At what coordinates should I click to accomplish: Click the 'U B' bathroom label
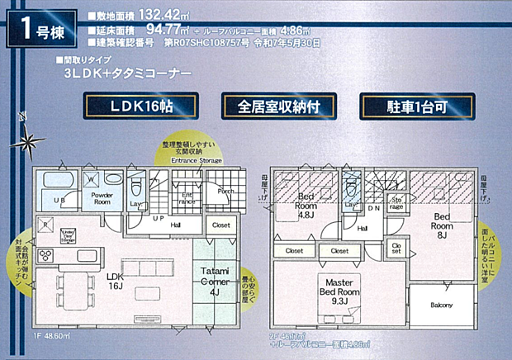(x=59, y=201)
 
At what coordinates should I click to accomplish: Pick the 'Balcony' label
(x=442, y=306)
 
